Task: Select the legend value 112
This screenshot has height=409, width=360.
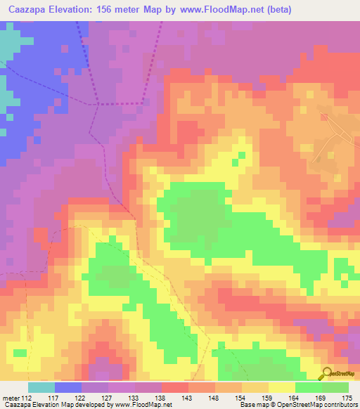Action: (27, 398)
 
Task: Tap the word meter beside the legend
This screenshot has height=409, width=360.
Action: (11, 398)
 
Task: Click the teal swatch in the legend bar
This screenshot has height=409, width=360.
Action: (41, 387)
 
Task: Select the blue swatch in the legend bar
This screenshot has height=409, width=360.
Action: (67, 387)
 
